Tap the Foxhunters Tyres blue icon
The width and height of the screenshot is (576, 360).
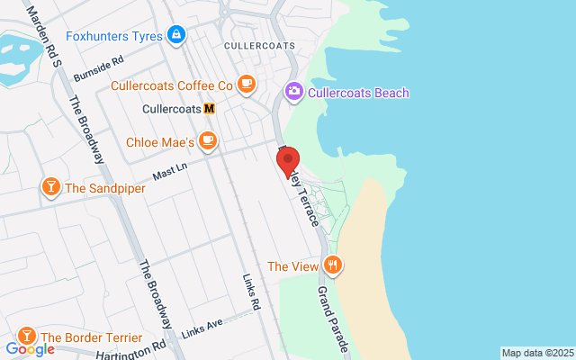pos(176,36)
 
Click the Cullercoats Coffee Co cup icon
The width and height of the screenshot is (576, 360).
pos(247,85)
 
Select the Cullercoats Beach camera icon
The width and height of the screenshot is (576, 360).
pos(293,92)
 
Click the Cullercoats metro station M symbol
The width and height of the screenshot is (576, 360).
pos(210,109)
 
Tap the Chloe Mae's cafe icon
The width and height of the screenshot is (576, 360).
pos(208,141)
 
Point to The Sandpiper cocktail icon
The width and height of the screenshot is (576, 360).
pos(50,187)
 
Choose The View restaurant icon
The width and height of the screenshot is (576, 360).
pos(334,265)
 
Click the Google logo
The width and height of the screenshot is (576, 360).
pos(30,349)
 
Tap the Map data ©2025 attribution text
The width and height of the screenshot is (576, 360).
pos(536,353)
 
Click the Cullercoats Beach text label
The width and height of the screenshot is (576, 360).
pos(358,93)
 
